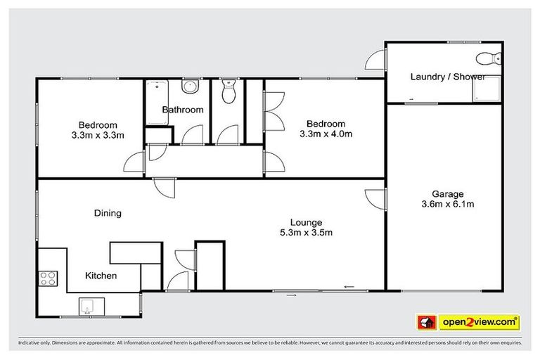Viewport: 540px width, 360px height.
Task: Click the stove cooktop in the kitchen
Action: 48,278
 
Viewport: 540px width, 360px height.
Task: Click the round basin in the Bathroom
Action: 189,87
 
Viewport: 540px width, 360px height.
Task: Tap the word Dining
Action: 108,213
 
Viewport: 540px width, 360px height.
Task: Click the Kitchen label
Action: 101,276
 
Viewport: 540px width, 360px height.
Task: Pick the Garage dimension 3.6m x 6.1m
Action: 447,205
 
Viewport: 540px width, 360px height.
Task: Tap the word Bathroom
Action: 183,110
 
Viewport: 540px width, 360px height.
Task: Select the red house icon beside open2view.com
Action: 425,322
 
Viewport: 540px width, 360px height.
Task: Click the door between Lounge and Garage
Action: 377,198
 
